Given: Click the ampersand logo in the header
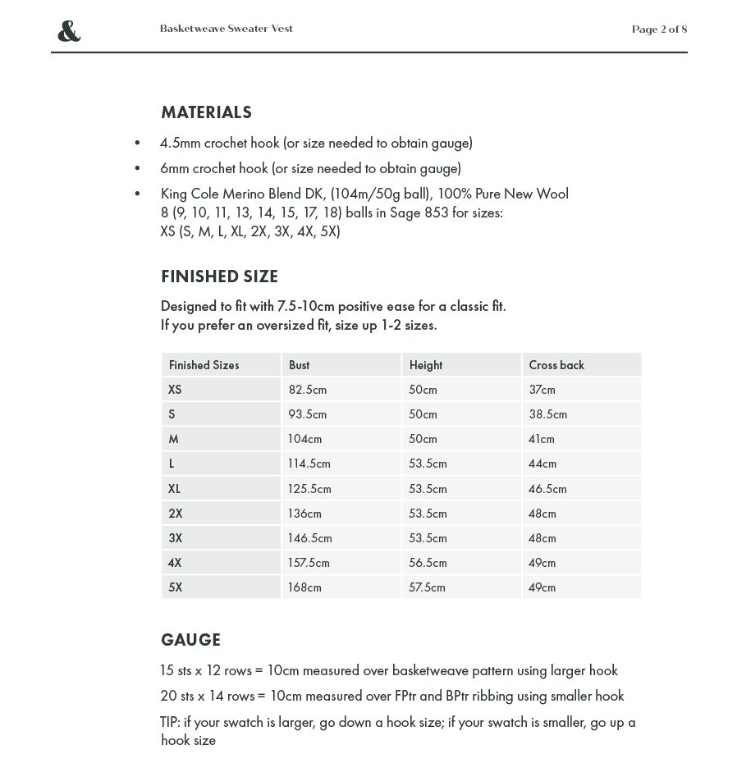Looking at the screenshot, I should click(x=69, y=31).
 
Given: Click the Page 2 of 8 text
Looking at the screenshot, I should click(x=659, y=30).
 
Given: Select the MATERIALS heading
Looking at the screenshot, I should click(x=206, y=112).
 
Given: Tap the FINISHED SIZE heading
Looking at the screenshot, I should click(x=219, y=276).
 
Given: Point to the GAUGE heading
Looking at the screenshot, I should click(x=190, y=640).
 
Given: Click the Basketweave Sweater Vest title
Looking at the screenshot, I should click(x=227, y=29).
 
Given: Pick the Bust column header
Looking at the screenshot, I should click(x=299, y=365).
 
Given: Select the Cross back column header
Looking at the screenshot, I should click(x=556, y=365).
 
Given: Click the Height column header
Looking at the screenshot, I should click(x=425, y=365).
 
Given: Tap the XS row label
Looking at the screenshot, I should click(x=175, y=390).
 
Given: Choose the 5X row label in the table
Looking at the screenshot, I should click(x=176, y=587).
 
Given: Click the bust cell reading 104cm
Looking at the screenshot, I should click(x=304, y=439).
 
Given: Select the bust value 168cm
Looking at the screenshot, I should click(x=304, y=587).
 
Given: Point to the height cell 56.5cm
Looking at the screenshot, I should click(x=428, y=563).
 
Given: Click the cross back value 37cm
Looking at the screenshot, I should click(x=542, y=390).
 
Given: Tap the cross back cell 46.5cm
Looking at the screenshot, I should click(x=547, y=489).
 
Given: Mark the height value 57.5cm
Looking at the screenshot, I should click(x=427, y=587).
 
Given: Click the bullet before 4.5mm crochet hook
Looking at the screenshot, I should click(x=137, y=144).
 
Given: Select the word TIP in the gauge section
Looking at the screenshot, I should click(x=170, y=722).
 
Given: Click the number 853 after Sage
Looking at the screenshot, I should click(x=436, y=212).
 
